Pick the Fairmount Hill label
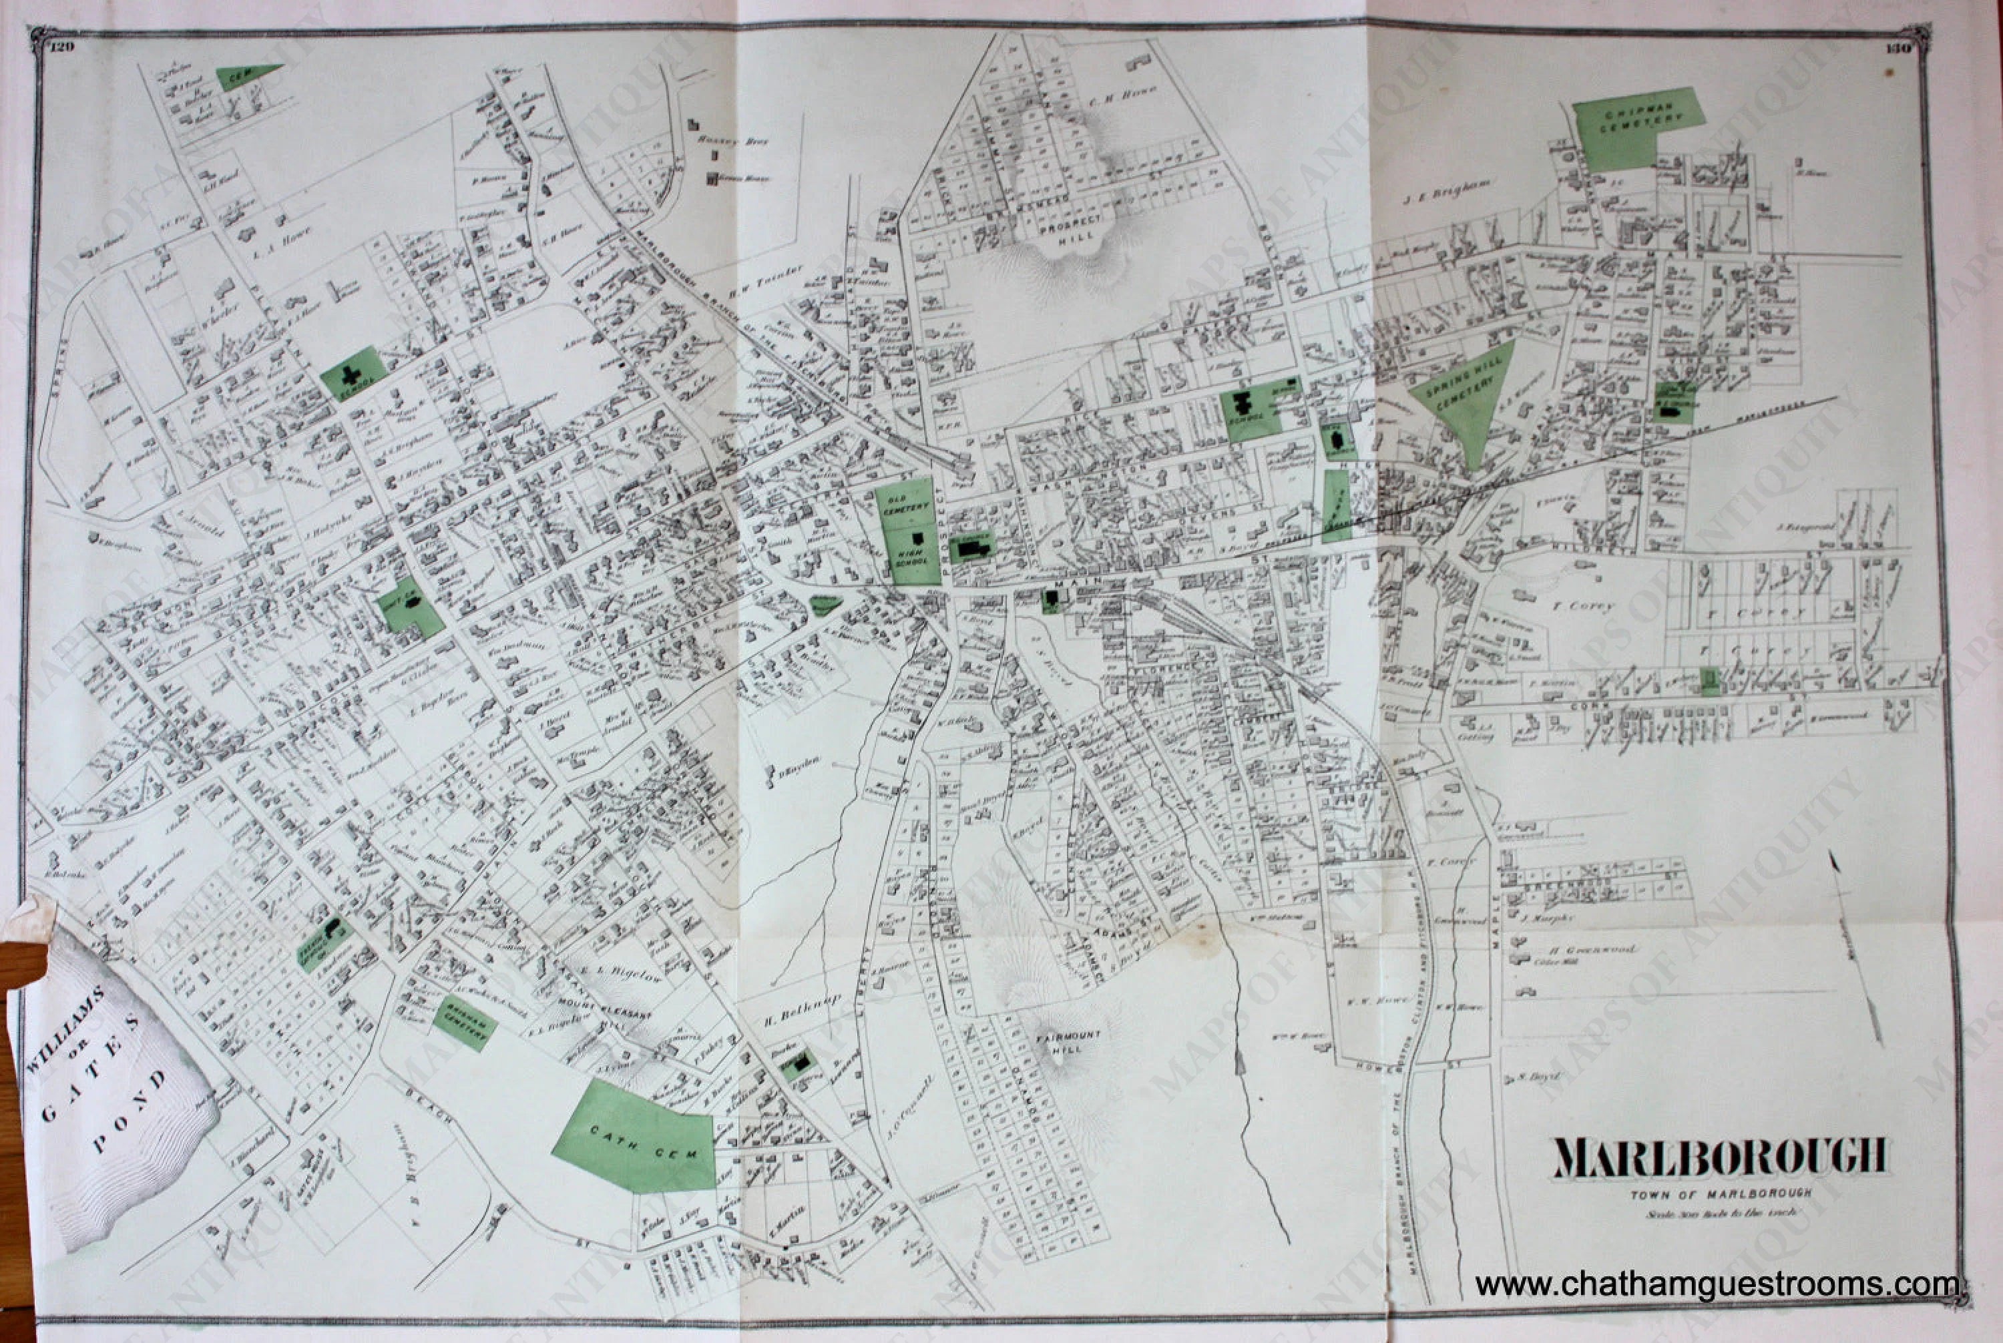[x=1068, y=1041]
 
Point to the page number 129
[x=63, y=47]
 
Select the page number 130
[x=1891, y=49]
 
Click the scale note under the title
[x=1719, y=1213]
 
